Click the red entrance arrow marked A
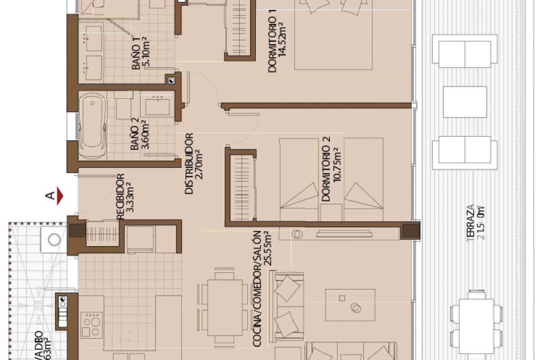[60, 196]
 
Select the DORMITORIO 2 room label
[326, 169]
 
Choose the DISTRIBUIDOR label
[189, 163]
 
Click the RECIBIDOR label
[120, 197]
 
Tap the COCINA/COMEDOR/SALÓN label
[257, 288]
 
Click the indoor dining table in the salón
[225, 307]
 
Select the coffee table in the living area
[350, 305]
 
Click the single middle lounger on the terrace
[464, 102]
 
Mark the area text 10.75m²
[336, 169]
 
